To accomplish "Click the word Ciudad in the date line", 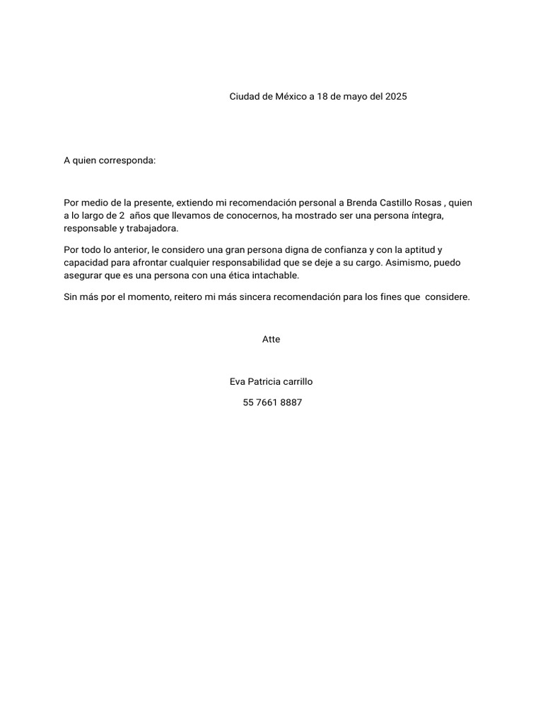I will [244, 97].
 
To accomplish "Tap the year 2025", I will [396, 97].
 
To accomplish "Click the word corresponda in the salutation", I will [130, 160].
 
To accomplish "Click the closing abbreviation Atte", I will [271, 340].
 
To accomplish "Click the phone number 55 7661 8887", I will [272, 403].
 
